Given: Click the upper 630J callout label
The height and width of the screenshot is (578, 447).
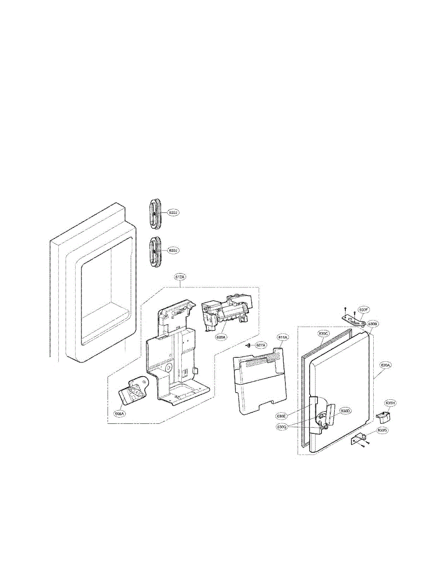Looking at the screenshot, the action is tap(174, 212).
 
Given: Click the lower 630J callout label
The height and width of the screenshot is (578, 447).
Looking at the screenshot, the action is tap(174, 250).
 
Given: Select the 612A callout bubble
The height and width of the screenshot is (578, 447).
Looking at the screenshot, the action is tap(179, 277).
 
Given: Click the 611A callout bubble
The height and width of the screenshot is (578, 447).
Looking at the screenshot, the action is tap(283, 338).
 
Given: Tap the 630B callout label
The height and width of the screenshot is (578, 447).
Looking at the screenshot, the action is tap(372, 324).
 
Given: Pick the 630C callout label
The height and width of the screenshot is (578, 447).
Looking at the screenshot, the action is tap(323, 333).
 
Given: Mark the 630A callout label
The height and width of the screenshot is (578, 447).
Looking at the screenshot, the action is tap(385, 366).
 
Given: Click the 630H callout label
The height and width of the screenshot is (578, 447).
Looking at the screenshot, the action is tap(390, 403).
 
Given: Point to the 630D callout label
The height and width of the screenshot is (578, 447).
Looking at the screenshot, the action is tap(345, 411).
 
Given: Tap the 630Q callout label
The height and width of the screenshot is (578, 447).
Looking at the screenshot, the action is tap(282, 427).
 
